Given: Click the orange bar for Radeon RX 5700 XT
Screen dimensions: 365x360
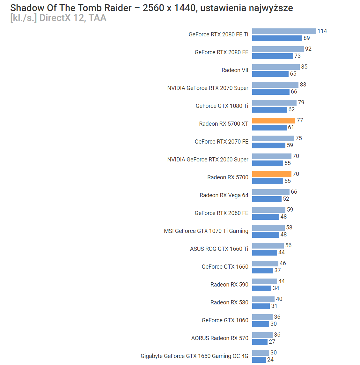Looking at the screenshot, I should pyautogui.click(x=274, y=120).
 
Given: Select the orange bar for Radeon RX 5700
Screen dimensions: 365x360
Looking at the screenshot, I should pyautogui.click(x=272, y=174).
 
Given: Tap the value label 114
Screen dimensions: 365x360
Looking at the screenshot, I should pyautogui.click(x=322, y=31).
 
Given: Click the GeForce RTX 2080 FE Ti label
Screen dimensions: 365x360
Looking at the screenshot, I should pyautogui.click(x=218, y=34).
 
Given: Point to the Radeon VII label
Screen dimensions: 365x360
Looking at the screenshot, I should pyautogui.click(x=235, y=70).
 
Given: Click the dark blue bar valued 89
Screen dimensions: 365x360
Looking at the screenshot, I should pyautogui.click(x=277, y=38).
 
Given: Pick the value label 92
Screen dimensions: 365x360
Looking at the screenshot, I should pyautogui.click(x=308, y=49).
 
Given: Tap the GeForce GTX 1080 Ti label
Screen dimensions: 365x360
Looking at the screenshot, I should pyautogui.click(x=222, y=106).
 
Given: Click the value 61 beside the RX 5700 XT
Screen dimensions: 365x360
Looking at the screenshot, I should pyautogui.click(x=291, y=127).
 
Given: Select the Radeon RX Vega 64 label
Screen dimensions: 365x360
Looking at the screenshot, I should pyautogui.click(x=224, y=195).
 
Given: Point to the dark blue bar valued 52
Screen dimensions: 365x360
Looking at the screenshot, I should pyautogui.click(x=267, y=199).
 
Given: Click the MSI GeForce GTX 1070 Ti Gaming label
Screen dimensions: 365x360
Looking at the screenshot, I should pyautogui.click(x=206, y=231).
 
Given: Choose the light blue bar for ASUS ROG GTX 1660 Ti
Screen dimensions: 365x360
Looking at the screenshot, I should pyautogui.click(x=268, y=245).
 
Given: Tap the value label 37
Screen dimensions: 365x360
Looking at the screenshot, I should pyautogui.click(x=277, y=270).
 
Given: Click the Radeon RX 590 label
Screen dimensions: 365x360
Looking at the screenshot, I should pyautogui.click(x=229, y=285).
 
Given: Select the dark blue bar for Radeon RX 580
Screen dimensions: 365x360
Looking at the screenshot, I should pyautogui.click(x=261, y=306).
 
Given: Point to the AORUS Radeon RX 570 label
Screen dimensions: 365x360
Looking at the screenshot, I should pyautogui.click(x=220, y=338).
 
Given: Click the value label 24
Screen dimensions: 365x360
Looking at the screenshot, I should pyautogui.click(x=270, y=360).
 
